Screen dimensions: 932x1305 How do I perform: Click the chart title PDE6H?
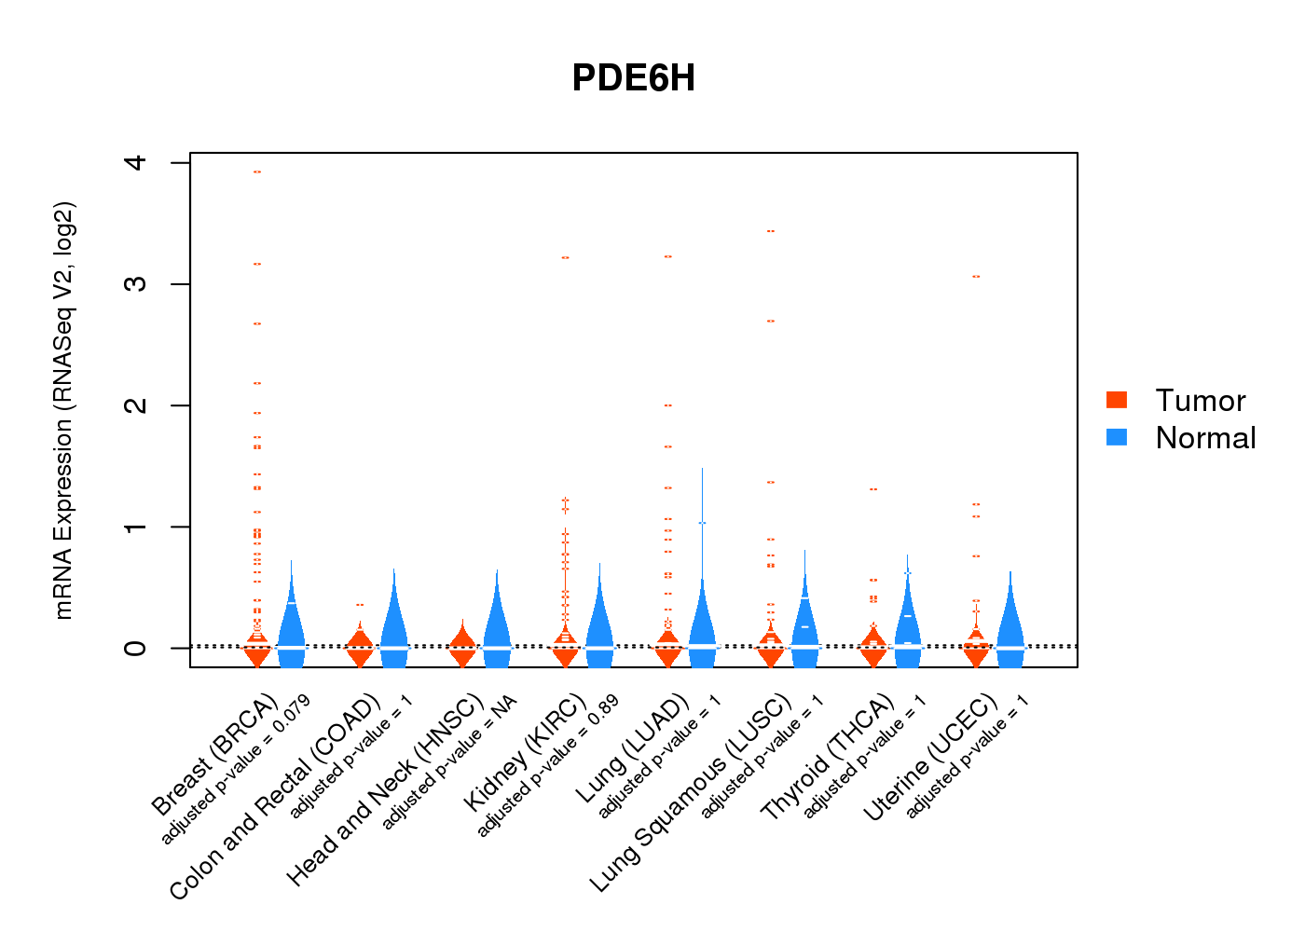634,78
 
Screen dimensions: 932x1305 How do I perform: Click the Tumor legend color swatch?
1117,400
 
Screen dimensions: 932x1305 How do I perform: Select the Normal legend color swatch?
1117,437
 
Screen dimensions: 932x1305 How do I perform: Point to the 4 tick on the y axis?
136,163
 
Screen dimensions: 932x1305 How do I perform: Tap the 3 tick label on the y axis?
136,284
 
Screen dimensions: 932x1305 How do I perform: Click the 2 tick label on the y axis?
136,405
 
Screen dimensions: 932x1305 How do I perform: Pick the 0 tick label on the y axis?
136,648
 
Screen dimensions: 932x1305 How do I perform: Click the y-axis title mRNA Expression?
63,410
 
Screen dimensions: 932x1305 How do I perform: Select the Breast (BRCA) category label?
213,755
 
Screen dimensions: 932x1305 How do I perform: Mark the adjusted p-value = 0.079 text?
236,770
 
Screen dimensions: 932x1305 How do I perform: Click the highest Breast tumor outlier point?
256,172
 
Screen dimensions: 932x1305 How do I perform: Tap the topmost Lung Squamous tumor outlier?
770,231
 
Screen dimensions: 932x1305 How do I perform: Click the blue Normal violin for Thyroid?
907,624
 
